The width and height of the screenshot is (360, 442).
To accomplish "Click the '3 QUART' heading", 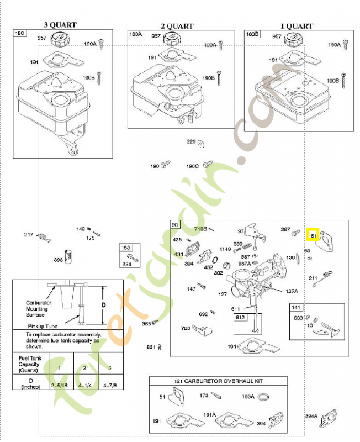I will [60, 24].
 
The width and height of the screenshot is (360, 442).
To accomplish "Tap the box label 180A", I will [135, 34].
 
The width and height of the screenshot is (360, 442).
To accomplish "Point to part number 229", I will [191, 142].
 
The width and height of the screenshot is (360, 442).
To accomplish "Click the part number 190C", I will [192, 166].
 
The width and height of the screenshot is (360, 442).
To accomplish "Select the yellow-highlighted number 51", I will [313, 235].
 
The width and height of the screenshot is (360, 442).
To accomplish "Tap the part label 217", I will [29, 235].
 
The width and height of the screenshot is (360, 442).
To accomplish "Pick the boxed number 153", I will [126, 248].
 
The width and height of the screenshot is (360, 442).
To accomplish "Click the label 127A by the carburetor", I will [292, 291].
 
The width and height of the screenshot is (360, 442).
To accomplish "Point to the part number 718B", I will [200, 229].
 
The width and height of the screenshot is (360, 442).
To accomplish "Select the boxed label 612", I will [240, 317].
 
